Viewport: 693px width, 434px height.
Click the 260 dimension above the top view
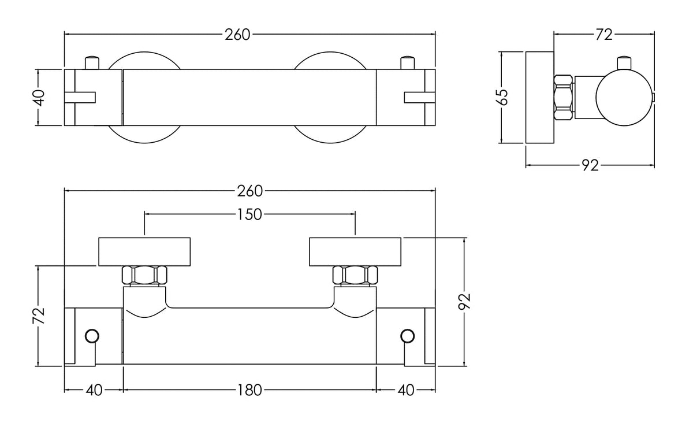(x=237, y=34)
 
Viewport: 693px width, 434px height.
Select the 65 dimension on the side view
(x=503, y=97)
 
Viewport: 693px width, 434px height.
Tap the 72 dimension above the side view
(x=603, y=34)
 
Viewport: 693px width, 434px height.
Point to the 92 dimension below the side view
(x=589, y=166)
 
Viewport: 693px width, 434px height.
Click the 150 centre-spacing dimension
(x=249, y=214)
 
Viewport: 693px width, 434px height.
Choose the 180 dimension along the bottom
(x=249, y=390)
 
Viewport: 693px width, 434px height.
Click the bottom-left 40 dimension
(x=94, y=390)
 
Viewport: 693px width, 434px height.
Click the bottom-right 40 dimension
(x=406, y=390)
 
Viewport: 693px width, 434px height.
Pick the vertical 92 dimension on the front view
(x=465, y=301)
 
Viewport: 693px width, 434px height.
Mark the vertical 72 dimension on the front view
(x=38, y=316)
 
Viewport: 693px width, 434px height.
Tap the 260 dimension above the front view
(x=249, y=191)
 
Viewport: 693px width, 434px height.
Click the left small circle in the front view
(x=92, y=336)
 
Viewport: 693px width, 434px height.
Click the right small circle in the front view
(x=407, y=336)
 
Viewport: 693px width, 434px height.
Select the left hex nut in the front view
(x=145, y=275)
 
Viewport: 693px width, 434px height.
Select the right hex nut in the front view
(x=355, y=275)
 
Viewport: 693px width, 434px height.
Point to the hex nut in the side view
(x=564, y=97)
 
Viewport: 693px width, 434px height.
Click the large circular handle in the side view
(x=622, y=97)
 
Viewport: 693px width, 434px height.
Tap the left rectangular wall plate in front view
(x=144, y=251)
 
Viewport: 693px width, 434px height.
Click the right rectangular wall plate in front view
(x=355, y=251)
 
